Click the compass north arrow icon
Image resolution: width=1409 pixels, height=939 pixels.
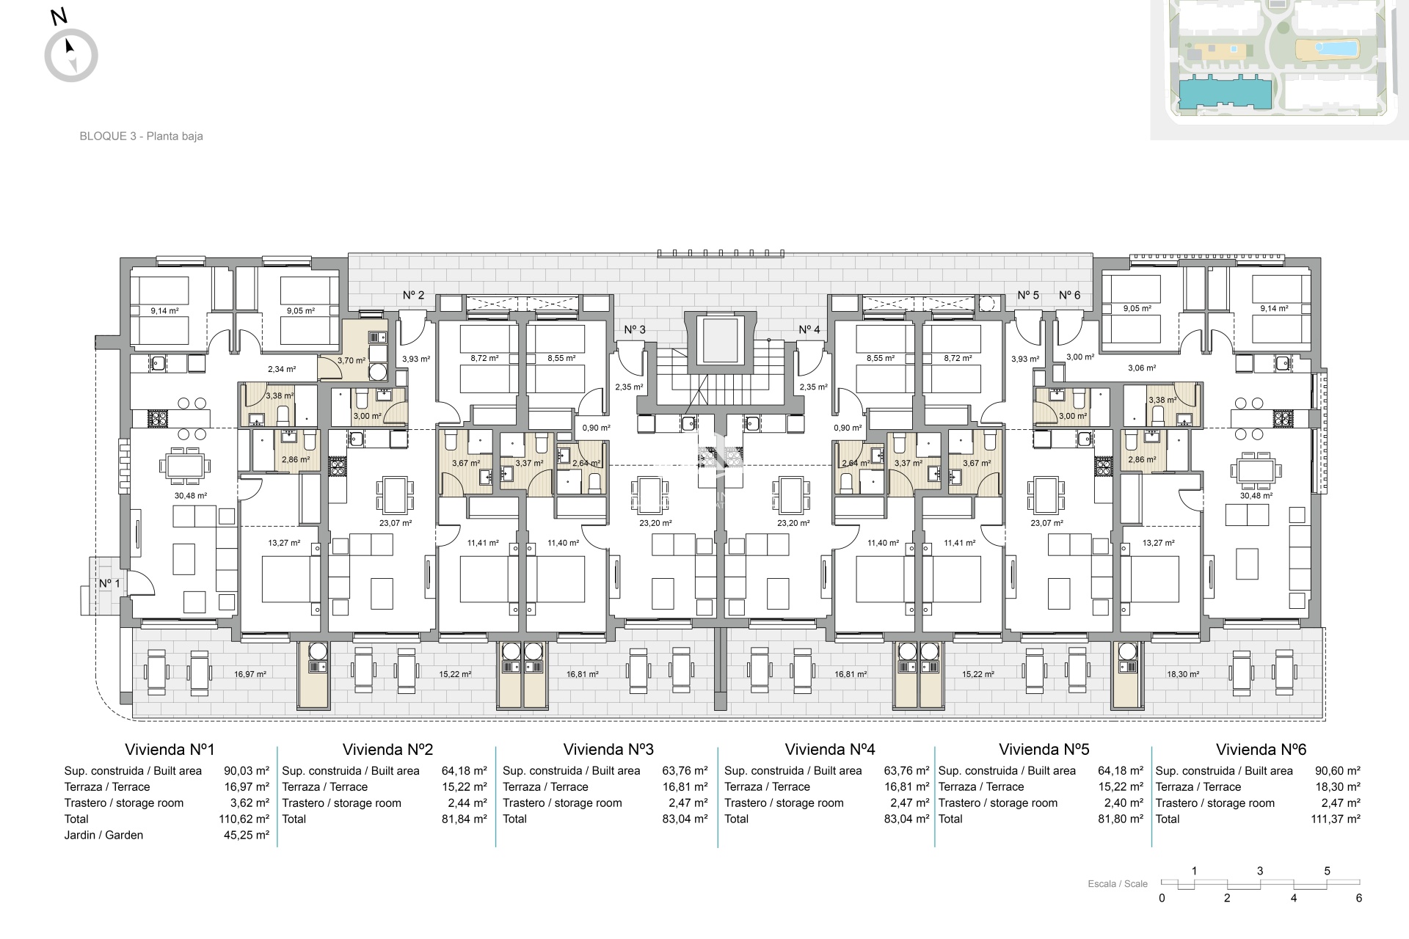tap(70, 55)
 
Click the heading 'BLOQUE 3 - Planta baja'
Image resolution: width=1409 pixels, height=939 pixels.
tap(141, 136)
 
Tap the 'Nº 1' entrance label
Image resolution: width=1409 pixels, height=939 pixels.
tap(109, 583)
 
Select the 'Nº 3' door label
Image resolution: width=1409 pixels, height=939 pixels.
tap(635, 330)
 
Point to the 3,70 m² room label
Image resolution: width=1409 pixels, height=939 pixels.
tap(351, 361)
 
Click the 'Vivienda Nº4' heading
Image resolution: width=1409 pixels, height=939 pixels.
tap(830, 749)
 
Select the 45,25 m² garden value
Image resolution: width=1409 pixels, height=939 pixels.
tap(247, 835)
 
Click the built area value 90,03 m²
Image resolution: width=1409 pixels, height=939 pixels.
tap(247, 771)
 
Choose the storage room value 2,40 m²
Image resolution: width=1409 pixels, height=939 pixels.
tap(1124, 803)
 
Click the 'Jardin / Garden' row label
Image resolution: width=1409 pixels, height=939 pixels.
tap(104, 835)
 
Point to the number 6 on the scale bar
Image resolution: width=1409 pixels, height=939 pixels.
tap(1359, 898)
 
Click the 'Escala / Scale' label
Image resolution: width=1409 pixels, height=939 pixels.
tap(1118, 884)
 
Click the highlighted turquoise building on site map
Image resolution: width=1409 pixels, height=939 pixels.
tap(1224, 95)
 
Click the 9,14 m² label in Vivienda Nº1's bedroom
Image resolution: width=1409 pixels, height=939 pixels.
tap(164, 310)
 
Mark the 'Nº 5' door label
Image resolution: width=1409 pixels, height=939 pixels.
tap(1028, 295)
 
